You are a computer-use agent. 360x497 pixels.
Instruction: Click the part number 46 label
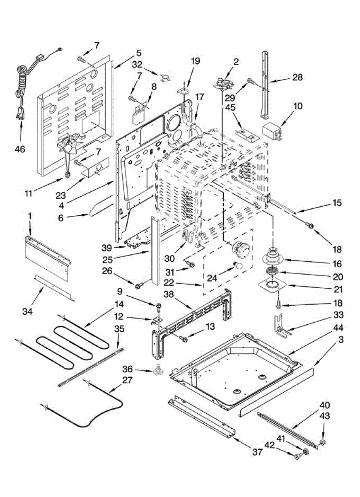pyautogui.click(x=20, y=149)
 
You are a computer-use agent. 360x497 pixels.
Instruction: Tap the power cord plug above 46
pyautogui.click(x=20, y=113)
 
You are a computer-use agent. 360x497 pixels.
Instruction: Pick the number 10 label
pyautogui.click(x=297, y=106)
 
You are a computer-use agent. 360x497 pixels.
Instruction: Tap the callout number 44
pyautogui.click(x=338, y=328)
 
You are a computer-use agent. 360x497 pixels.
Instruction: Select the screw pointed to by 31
pyautogui.click(x=191, y=264)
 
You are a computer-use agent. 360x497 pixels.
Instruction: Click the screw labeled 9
pyautogui.click(x=159, y=307)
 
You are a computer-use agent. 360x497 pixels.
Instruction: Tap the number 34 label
pyautogui.click(x=27, y=311)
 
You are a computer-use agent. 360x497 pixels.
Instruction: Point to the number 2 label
pyautogui.click(x=236, y=61)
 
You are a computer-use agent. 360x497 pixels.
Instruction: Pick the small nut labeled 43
pyautogui.click(x=323, y=442)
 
